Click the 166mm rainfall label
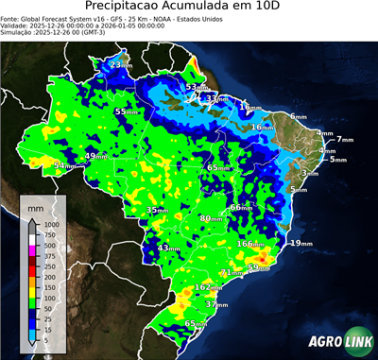coord(250,244)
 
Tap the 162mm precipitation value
coord(207,286)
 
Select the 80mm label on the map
coord(211,218)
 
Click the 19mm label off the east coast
coord(301,243)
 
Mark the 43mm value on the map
coord(168,248)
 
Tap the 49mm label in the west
coord(96,156)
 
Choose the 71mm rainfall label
coord(230,272)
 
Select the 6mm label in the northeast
coord(297,116)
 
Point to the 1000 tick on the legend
coord(49,224)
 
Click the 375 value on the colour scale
coord(48,256)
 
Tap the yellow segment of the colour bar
coord(31,278)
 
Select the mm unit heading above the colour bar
coord(37,204)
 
